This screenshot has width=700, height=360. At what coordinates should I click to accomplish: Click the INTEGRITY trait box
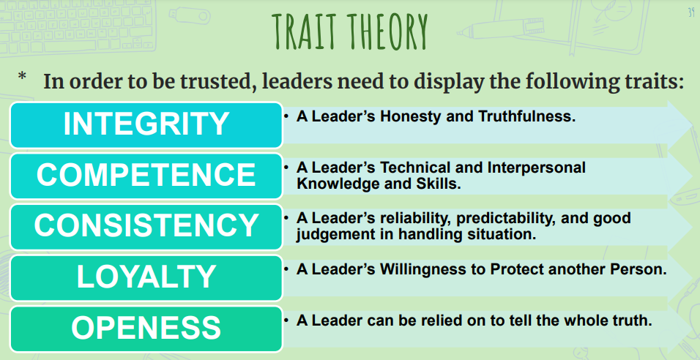pos(146,125)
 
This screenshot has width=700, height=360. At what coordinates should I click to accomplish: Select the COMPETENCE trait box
pos(146,176)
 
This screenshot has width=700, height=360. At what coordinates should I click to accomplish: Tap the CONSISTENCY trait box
pos(146,227)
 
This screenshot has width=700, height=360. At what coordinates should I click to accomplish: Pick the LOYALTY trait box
pos(146,277)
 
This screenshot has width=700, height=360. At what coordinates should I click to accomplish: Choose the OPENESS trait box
pos(146,329)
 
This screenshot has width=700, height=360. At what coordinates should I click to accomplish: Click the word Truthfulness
pos(526,116)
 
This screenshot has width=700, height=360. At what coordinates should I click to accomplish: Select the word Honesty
pos(413,117)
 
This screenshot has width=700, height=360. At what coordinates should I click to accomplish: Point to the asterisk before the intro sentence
pos(22,77)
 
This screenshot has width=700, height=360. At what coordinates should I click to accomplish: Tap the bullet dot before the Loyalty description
pos(286,269)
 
